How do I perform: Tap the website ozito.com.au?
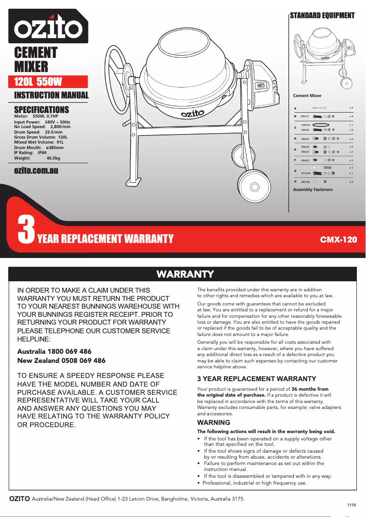pyautogui.click(x=36, y=170)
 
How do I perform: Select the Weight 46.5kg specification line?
pyautogui.click(x=37, y=158)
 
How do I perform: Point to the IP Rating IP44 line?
pyautogui.click(x=30, y=153)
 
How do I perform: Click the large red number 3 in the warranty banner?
pyautogui.click(x=26, y=231)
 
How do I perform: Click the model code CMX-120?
pyautogui.click(x=338, y=239)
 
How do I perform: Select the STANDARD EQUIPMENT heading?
pyautogui.click(x=322, y=16)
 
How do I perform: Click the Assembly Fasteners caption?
pyautogui.click(x=313, y=190)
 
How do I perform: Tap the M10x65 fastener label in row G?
pyautogui.click(x=306, y=174)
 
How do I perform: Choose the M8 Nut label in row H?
pyautogui.click(x=306, y=182)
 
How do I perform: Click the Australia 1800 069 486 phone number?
pyautogui.click(x=54, y=352)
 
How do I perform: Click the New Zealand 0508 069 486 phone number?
pyautogui.click(x=61, y=361)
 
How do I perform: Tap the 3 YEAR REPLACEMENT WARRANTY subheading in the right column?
pyautogui.click(x=256, y=379)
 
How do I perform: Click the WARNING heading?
pyautogui.click(x=214, y=423)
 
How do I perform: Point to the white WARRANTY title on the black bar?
pyautogui.click(x=185, y=274)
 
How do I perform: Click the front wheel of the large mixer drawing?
pyautogui.click(x=253, y=187)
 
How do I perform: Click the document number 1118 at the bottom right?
pyautogui.click(x=351, y=505)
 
